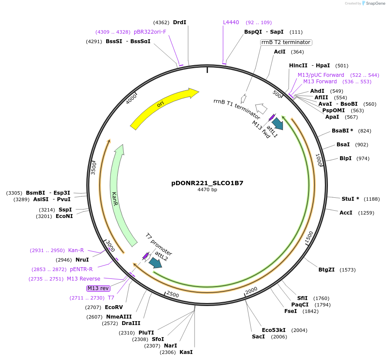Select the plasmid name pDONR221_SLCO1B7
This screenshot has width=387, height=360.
coord(207,183)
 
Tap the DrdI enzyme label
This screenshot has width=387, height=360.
coord(179,22)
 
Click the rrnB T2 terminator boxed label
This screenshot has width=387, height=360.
coord(286,42)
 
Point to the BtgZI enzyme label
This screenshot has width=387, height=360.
coord(327,270)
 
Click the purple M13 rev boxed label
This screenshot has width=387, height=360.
coord(98,288)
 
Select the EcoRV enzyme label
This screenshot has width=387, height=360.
coord(114,307)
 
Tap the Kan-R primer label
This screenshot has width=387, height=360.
coord(76,250)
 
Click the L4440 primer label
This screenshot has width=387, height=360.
coord(231,22)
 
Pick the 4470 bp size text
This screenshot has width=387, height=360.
coord(207,189)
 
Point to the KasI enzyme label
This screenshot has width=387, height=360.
coord(186,352)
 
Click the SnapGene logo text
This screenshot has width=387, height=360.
coord(374,3)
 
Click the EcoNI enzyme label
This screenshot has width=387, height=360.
coord(64,216)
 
